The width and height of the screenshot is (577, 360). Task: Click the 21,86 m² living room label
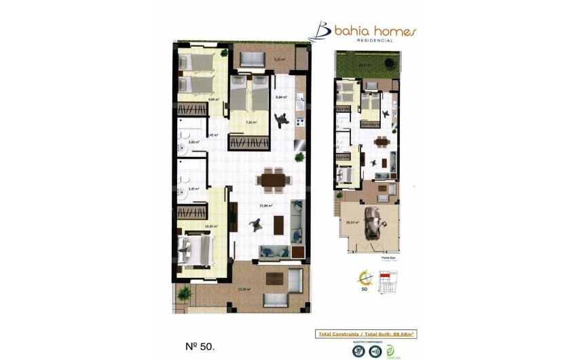[x=266, y=206]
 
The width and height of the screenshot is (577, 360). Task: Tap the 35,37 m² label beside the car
[x=352, y=222]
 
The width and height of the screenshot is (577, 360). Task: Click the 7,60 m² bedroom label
[x=250, y=122]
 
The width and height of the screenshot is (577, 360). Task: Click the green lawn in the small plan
[x=367, y=66]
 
